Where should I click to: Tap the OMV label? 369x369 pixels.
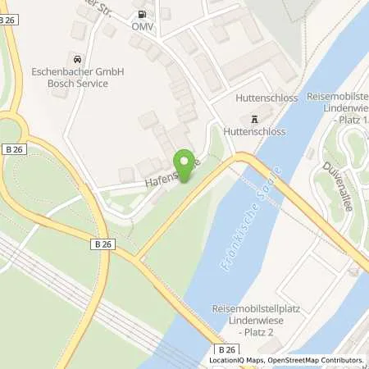click(144, 26)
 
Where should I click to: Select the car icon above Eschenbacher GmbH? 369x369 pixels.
click(76, 59)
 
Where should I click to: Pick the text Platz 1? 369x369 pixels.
click(349, 121)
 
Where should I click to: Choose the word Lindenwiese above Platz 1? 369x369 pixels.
click(339, 109)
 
